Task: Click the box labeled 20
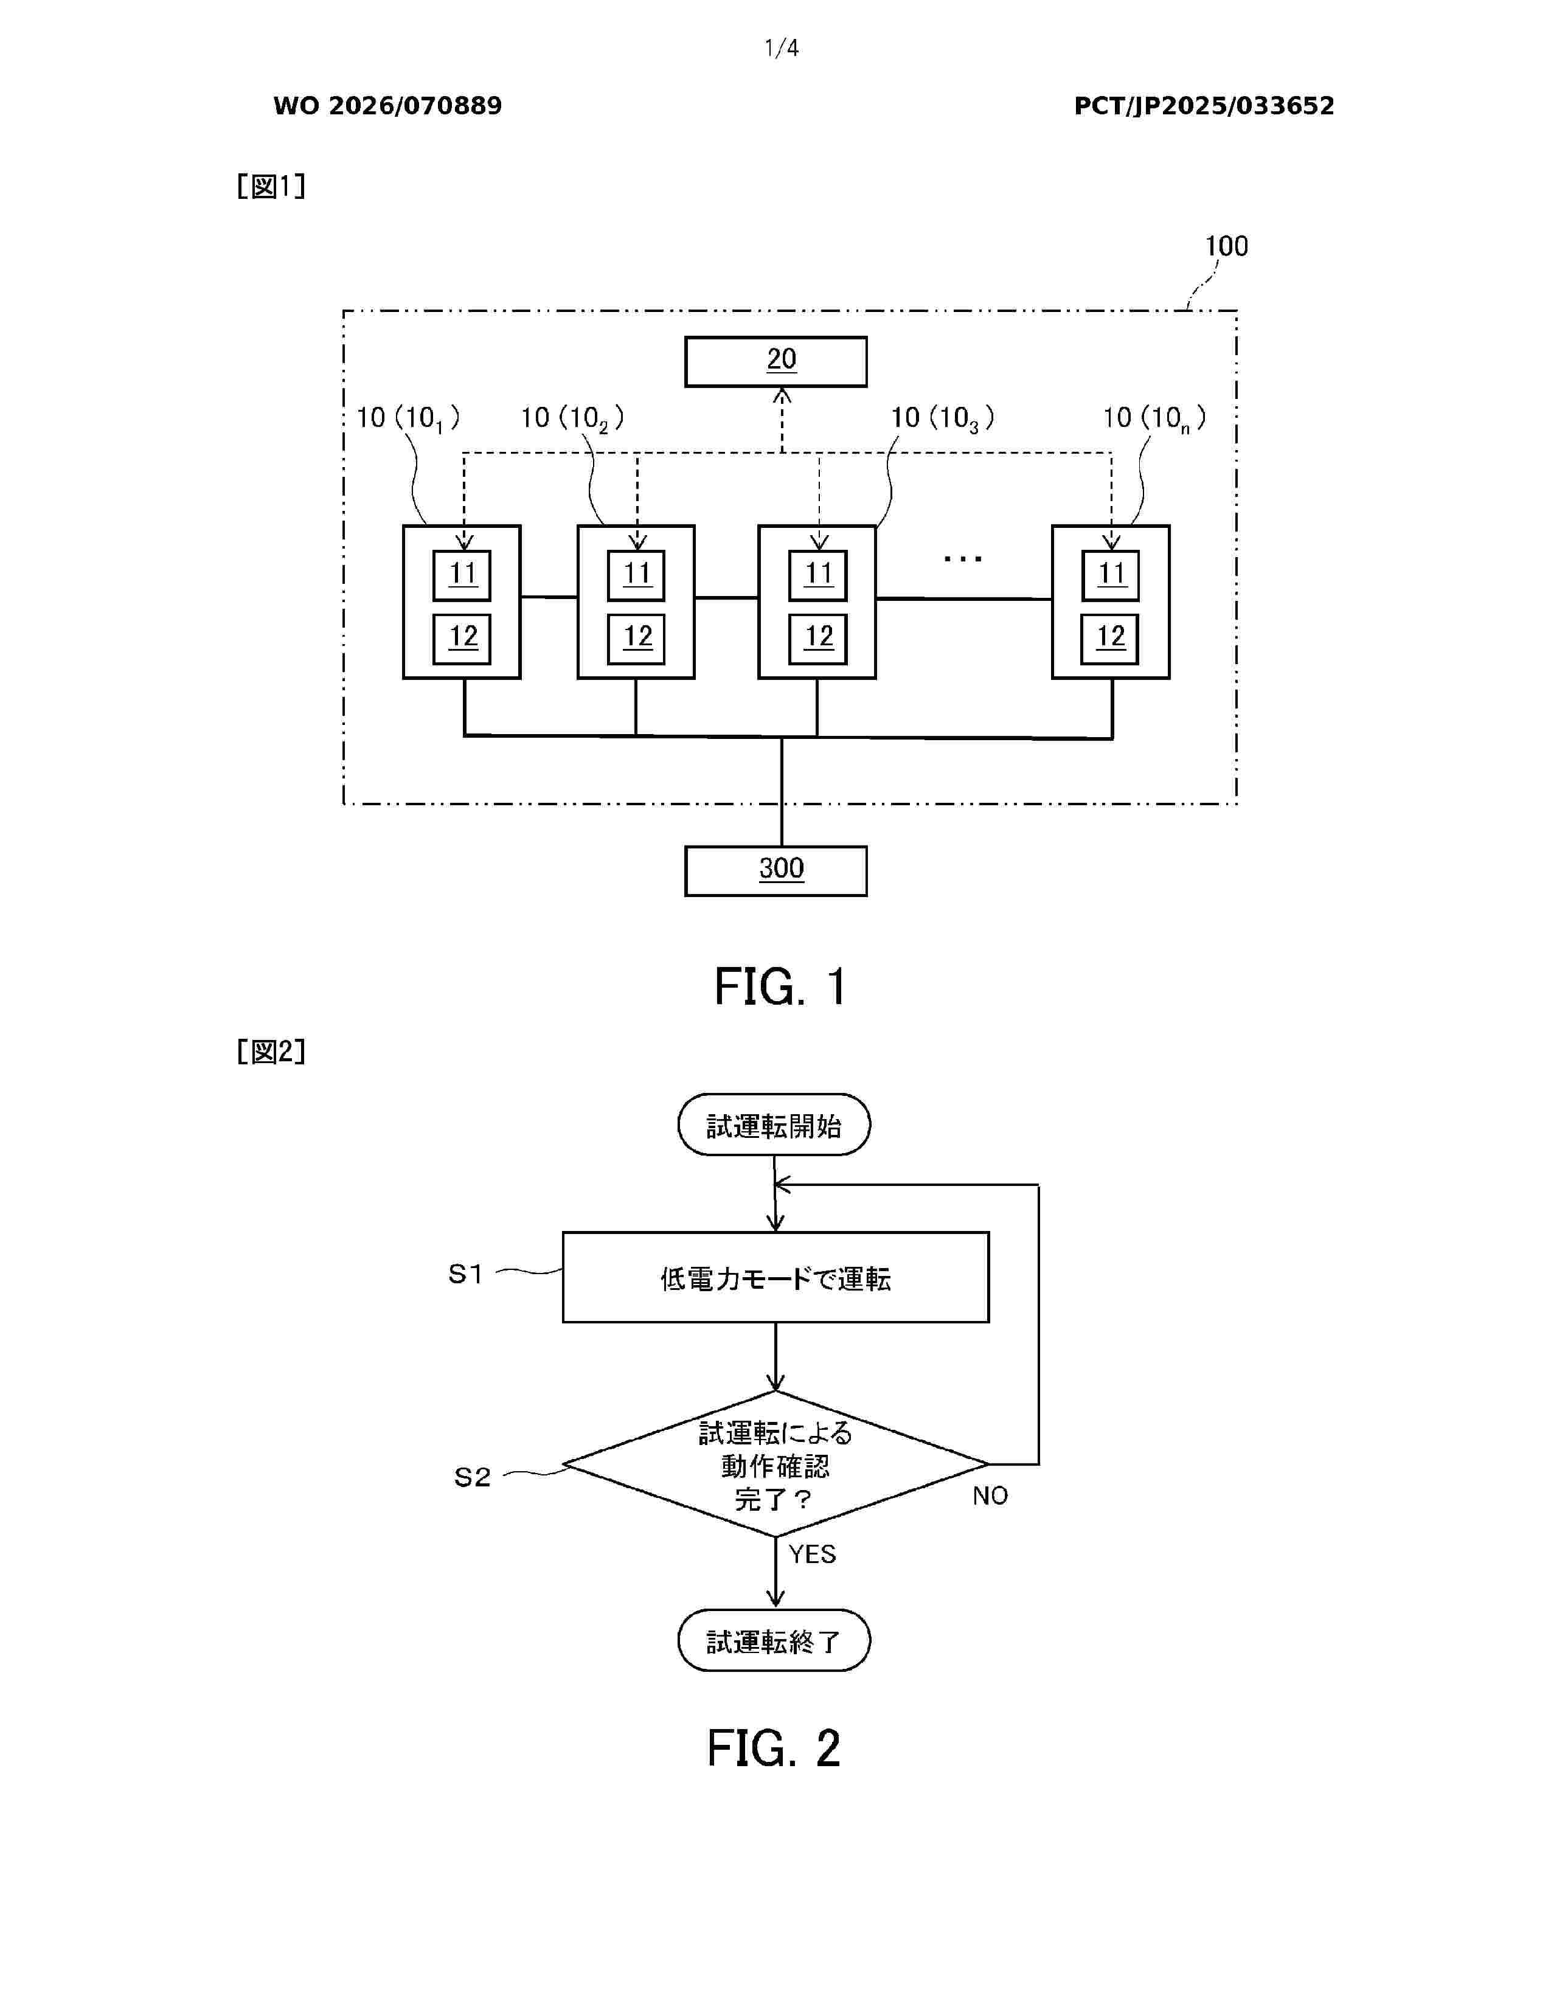click(775, 361)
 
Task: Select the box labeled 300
click(775, 870)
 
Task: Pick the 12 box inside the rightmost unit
click(1110, 638)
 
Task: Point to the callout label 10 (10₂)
click(572, 419)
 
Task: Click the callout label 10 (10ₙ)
click(1154, 419)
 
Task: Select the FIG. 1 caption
click(780, 988)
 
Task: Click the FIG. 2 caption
click(774, 1748)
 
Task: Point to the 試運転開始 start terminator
click(774, 1125)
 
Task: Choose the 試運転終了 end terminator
click(774, 1641)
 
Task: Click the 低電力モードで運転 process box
click(775, 1277)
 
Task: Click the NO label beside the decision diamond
click(990, 1496)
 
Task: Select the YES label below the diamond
click(812, 1554)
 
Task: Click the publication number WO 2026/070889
click(388, 106)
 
